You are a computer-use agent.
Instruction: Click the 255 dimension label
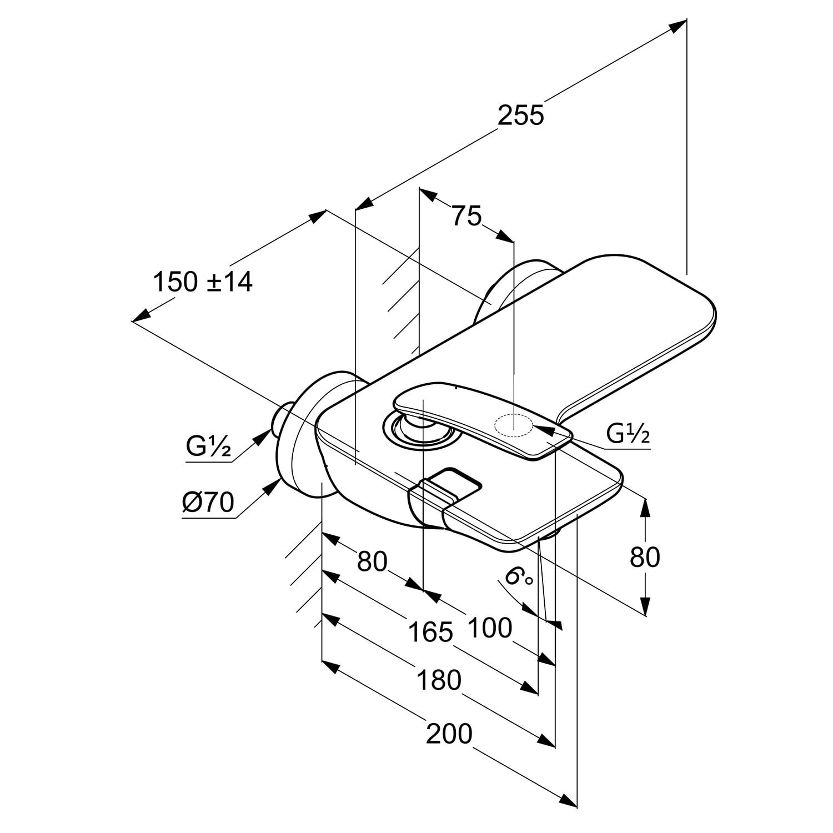(520, 116)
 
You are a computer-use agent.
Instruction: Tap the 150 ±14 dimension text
(203, 282)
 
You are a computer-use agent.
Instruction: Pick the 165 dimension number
(430, 632)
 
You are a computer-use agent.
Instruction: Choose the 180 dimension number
(439, 681)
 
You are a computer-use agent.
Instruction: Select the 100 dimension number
(489, 628)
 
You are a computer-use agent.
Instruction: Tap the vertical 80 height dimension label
(645, 557)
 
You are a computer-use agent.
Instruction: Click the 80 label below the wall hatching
(372, 561)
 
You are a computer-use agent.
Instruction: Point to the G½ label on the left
(208, 446)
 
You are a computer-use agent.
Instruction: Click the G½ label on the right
(628, 434)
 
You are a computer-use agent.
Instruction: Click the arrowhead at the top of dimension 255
(678, 26)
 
